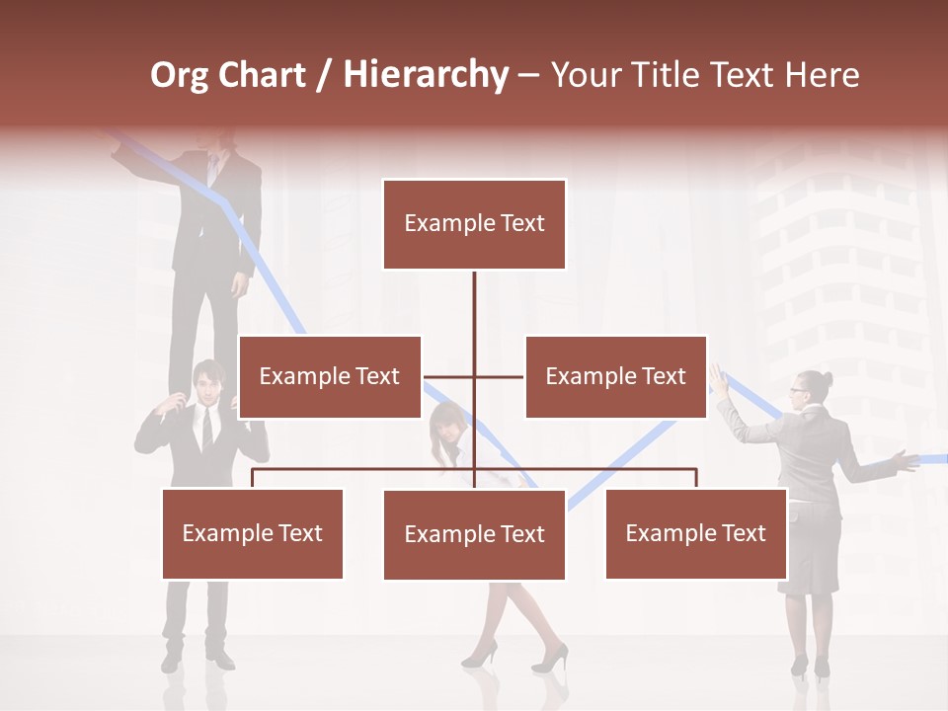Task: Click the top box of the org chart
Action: click(x=474, y=224)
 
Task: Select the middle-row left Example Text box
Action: click(x=330, y=376)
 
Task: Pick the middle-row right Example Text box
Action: click(x=615, y=376)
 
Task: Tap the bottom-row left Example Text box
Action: click(x=253, y=533)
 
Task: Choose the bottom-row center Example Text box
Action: click(x=474, y=534)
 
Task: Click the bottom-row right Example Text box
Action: click(x=695, y=533)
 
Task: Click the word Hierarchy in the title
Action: click(x=426, y=75)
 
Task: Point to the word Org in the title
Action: click(x=179, y=75)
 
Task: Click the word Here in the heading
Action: click(x=822, y=75)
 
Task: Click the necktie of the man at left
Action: click(x=206, y=428)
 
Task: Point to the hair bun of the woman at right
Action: click(x=826, y=378)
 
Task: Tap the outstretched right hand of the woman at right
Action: click(x=901, y=459)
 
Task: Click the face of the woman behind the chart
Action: click(x=449, y=429)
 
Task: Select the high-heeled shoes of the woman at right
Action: click(x=810, y=667)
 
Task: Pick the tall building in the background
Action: click(x=839, y=276)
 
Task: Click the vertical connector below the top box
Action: click(x=474, y=316)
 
